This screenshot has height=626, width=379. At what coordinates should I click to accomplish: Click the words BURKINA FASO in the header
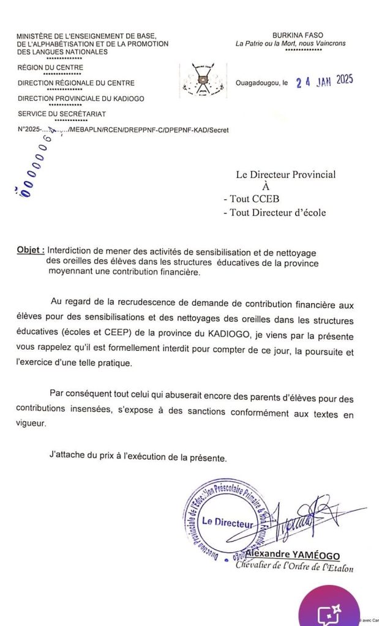point(298,35)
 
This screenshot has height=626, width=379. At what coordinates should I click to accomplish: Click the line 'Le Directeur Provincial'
point(286,175)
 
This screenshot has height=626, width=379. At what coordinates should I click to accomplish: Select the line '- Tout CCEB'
point(247,199)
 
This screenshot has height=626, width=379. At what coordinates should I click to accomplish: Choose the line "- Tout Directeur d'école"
point(275,213)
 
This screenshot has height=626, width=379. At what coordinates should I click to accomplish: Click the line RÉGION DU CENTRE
point(51,67)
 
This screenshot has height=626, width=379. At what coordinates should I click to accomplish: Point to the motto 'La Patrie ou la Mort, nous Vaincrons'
point(291,43)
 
